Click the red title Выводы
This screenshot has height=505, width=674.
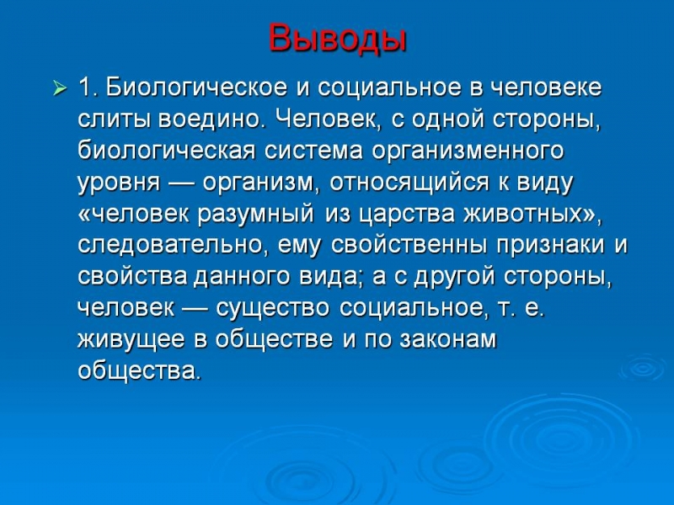pos(338,38)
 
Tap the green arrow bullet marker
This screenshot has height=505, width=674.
pos(60,89)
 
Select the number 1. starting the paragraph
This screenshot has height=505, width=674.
pos(89,88)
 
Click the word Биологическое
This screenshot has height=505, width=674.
pos(196,88)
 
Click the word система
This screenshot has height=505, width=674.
pos(313,151)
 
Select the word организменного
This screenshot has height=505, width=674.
pos(468,151)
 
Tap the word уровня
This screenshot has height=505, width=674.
pos(119,183)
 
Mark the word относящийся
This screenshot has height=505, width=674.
pos(409,183)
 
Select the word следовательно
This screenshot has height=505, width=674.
pos(170,246)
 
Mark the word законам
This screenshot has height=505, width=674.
pos(448,340)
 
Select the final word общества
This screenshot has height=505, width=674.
pos(139,371)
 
